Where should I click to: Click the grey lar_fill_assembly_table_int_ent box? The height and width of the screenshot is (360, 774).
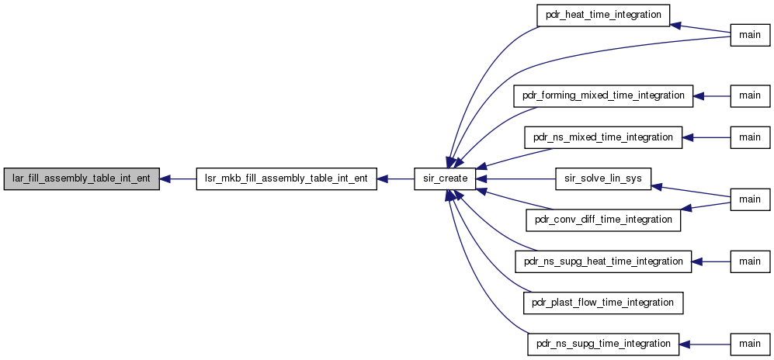(x=82, y=178)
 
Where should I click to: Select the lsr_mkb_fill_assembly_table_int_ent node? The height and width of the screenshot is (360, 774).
(x=286, y=178)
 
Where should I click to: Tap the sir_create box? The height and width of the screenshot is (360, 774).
(x=445, y=178)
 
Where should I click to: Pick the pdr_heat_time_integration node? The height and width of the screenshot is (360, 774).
(x=603, y=15)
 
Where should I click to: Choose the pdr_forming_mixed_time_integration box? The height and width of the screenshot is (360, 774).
(x=603, y=95)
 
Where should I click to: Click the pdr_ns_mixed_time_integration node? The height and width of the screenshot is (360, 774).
(x=603, y=137)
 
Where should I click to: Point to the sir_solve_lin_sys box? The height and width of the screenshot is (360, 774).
(x=603, y=178)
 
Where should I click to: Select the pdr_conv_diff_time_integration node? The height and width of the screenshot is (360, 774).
(x=603, y=220)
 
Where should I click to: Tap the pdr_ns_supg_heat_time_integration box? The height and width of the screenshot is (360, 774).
(x=603, y=261)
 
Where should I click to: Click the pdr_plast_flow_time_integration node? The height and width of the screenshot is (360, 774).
(x=603, y=302)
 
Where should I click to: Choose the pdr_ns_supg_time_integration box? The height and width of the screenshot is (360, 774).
(x=603, y=343)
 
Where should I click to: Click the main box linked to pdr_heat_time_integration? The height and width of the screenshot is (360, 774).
(x=750, y=35)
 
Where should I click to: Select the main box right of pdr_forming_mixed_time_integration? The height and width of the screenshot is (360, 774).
(x=750, y=95)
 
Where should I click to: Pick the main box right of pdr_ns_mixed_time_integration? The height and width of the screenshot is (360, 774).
(x=750, y=137)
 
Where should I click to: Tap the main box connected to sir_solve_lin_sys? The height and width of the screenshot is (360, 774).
(x=750, y=199)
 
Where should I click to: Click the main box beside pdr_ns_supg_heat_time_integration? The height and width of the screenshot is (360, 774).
(x=750, y=261)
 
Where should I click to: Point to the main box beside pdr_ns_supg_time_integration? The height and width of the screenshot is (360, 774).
(x=750, y=343)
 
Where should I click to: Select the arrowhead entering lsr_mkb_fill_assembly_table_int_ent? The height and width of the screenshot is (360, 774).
(x=383, y=178)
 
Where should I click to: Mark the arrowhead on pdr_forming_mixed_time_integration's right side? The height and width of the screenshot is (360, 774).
(x=699, y=95)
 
